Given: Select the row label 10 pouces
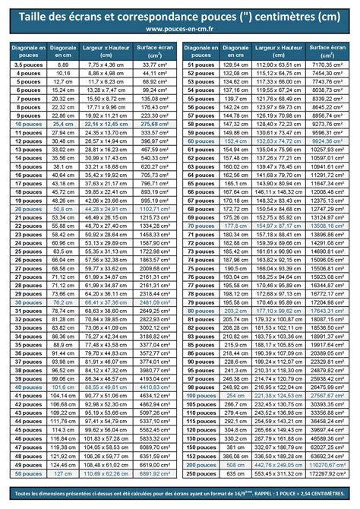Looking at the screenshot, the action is pos(28,124).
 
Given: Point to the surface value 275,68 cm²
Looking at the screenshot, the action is pos(153,124).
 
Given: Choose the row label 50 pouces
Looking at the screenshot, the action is pos(28,473).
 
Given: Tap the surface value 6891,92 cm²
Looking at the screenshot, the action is pos(153,473).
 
